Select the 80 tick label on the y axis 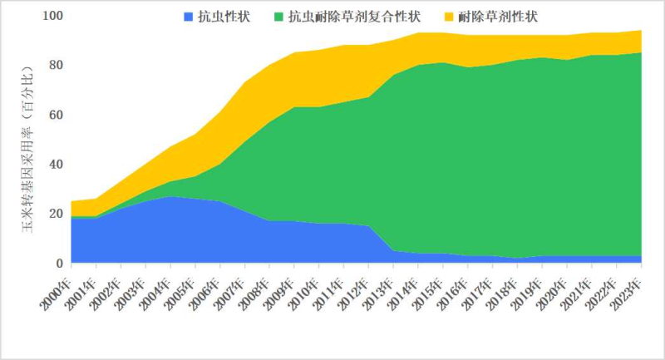[x=55, y=65]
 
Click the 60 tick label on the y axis [x=55, y=115]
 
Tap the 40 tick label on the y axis [x=55, y=164]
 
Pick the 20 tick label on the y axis [x=55, y=214]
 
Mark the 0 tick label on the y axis [x=58, y=264]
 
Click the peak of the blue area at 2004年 [x=170, y=197]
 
